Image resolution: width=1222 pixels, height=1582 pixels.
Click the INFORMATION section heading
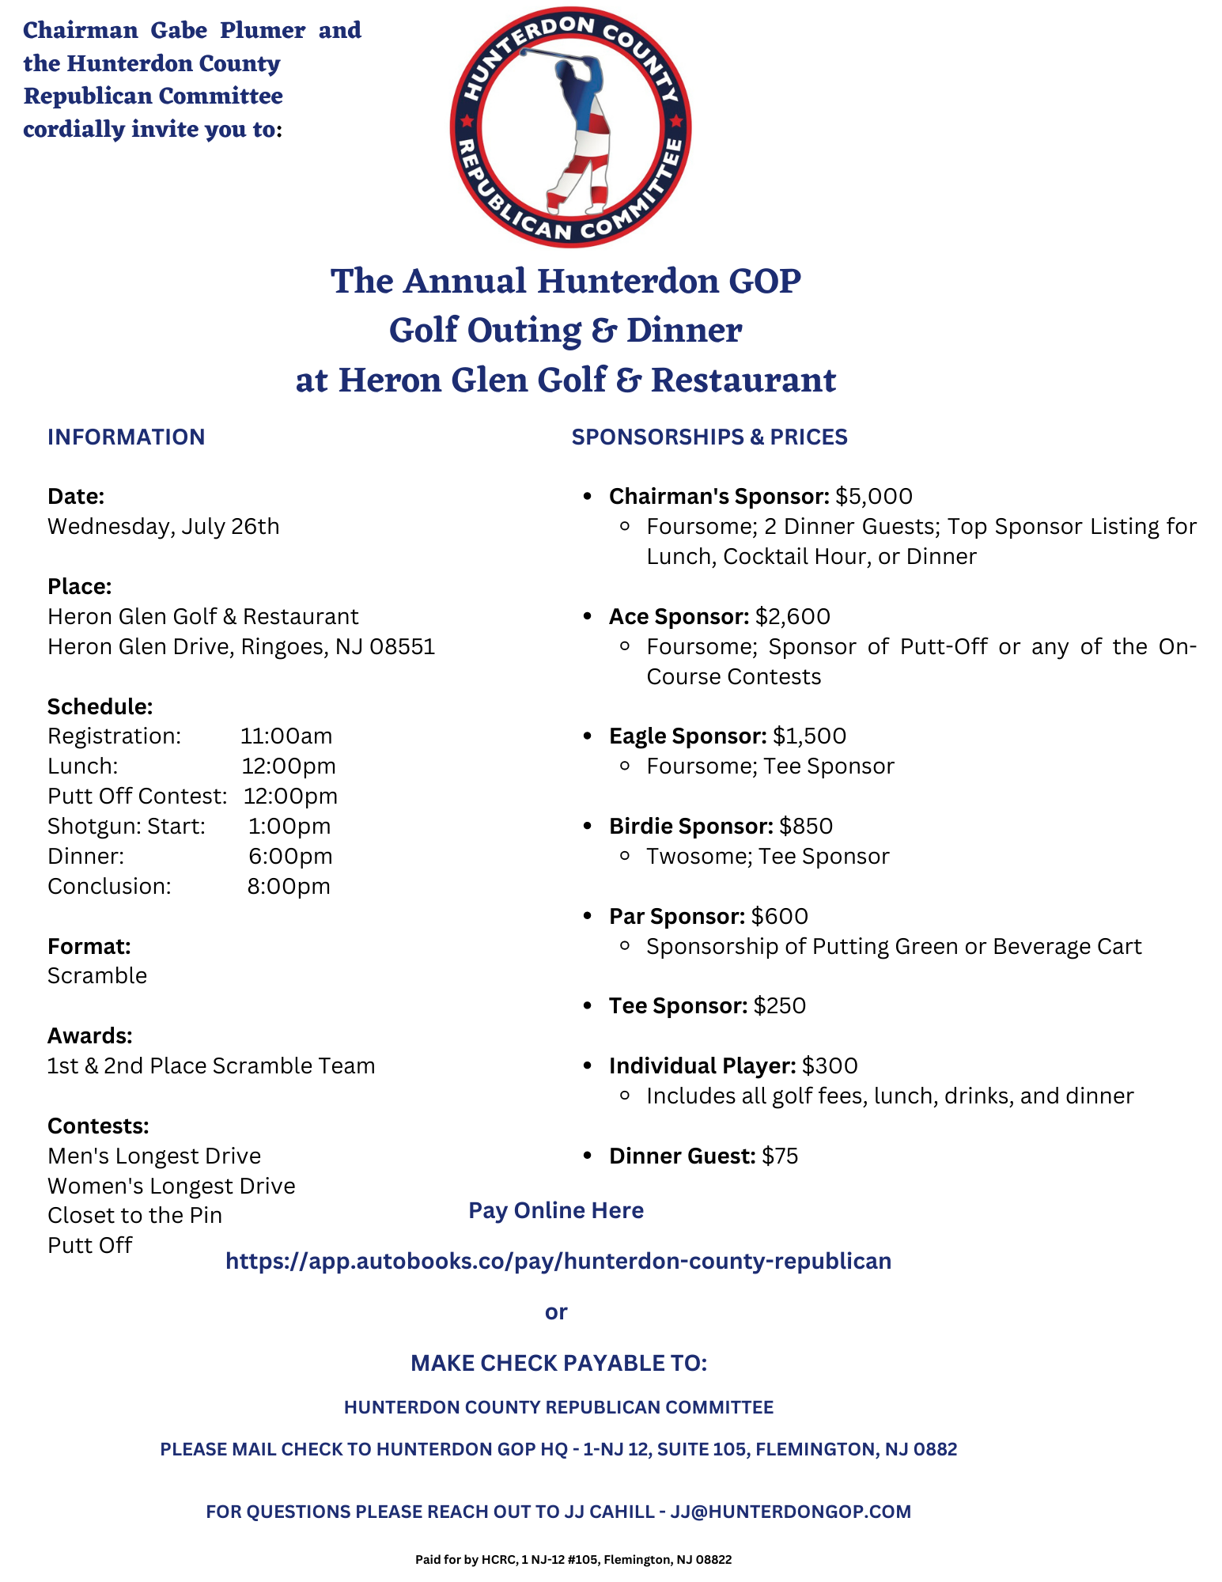pos(126,437)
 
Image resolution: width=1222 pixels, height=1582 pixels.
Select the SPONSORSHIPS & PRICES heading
pos(709,437)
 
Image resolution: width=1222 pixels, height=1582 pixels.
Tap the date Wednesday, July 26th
pos(163,527)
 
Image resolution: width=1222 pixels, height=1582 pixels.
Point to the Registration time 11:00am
pos(286,736)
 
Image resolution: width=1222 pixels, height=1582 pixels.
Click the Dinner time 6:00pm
pos(289,857)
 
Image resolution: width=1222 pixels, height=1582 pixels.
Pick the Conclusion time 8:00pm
pos(289,887)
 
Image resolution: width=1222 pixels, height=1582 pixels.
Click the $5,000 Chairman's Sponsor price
pos(873,497)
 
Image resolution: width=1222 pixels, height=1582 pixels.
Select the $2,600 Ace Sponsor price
pos(792,617)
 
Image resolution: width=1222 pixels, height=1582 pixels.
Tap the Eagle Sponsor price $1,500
pos(809,736)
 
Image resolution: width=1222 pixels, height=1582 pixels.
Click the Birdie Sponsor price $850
pos(805,827)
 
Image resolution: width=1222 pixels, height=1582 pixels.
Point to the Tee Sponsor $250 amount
pos(779,1006)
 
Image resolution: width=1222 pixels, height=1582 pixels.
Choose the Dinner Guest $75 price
pos(779,1156)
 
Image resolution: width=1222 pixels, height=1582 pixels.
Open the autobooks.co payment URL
pos(558,1261)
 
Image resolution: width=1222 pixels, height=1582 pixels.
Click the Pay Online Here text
pos(555,1210)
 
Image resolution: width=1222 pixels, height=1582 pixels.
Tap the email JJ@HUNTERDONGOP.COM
pos(790,1512)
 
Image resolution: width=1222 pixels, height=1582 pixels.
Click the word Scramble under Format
pos(97,976)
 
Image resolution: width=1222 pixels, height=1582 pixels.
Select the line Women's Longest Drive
pos(171,1186)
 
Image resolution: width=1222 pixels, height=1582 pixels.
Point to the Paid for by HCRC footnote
pos(573,1560)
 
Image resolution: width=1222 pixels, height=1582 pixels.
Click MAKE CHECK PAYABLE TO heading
pos(558,1363)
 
